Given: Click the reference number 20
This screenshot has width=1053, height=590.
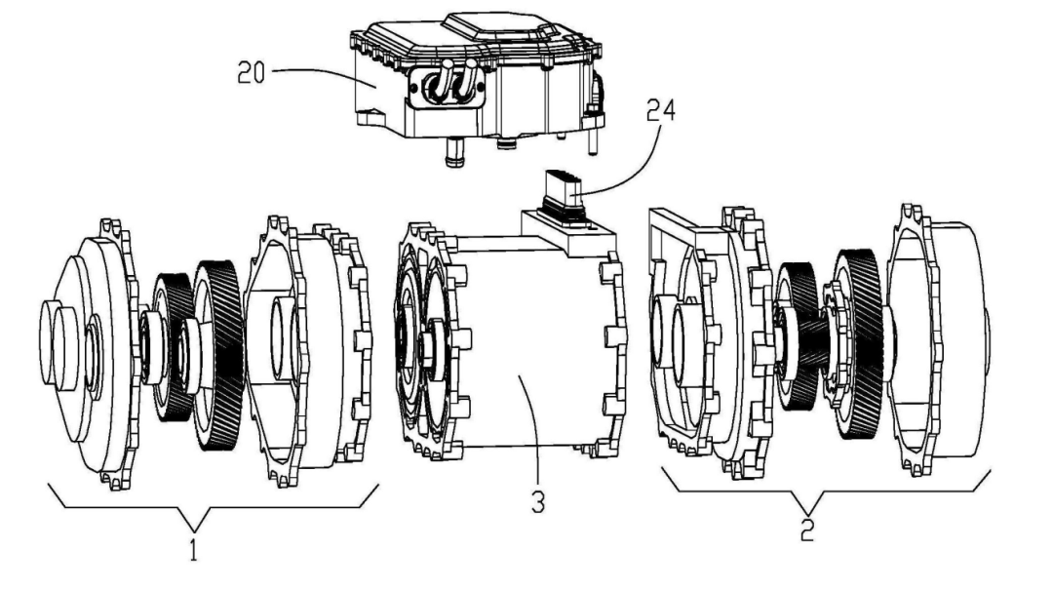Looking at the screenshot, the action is tap(252, 72).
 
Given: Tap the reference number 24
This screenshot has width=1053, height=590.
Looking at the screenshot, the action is tap(661, 109).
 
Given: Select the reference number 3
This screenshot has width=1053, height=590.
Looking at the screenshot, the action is tap(538, 502).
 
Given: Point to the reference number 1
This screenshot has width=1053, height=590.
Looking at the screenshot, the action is tap(193, 549).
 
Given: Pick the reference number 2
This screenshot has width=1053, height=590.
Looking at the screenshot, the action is tap(806, 531).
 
